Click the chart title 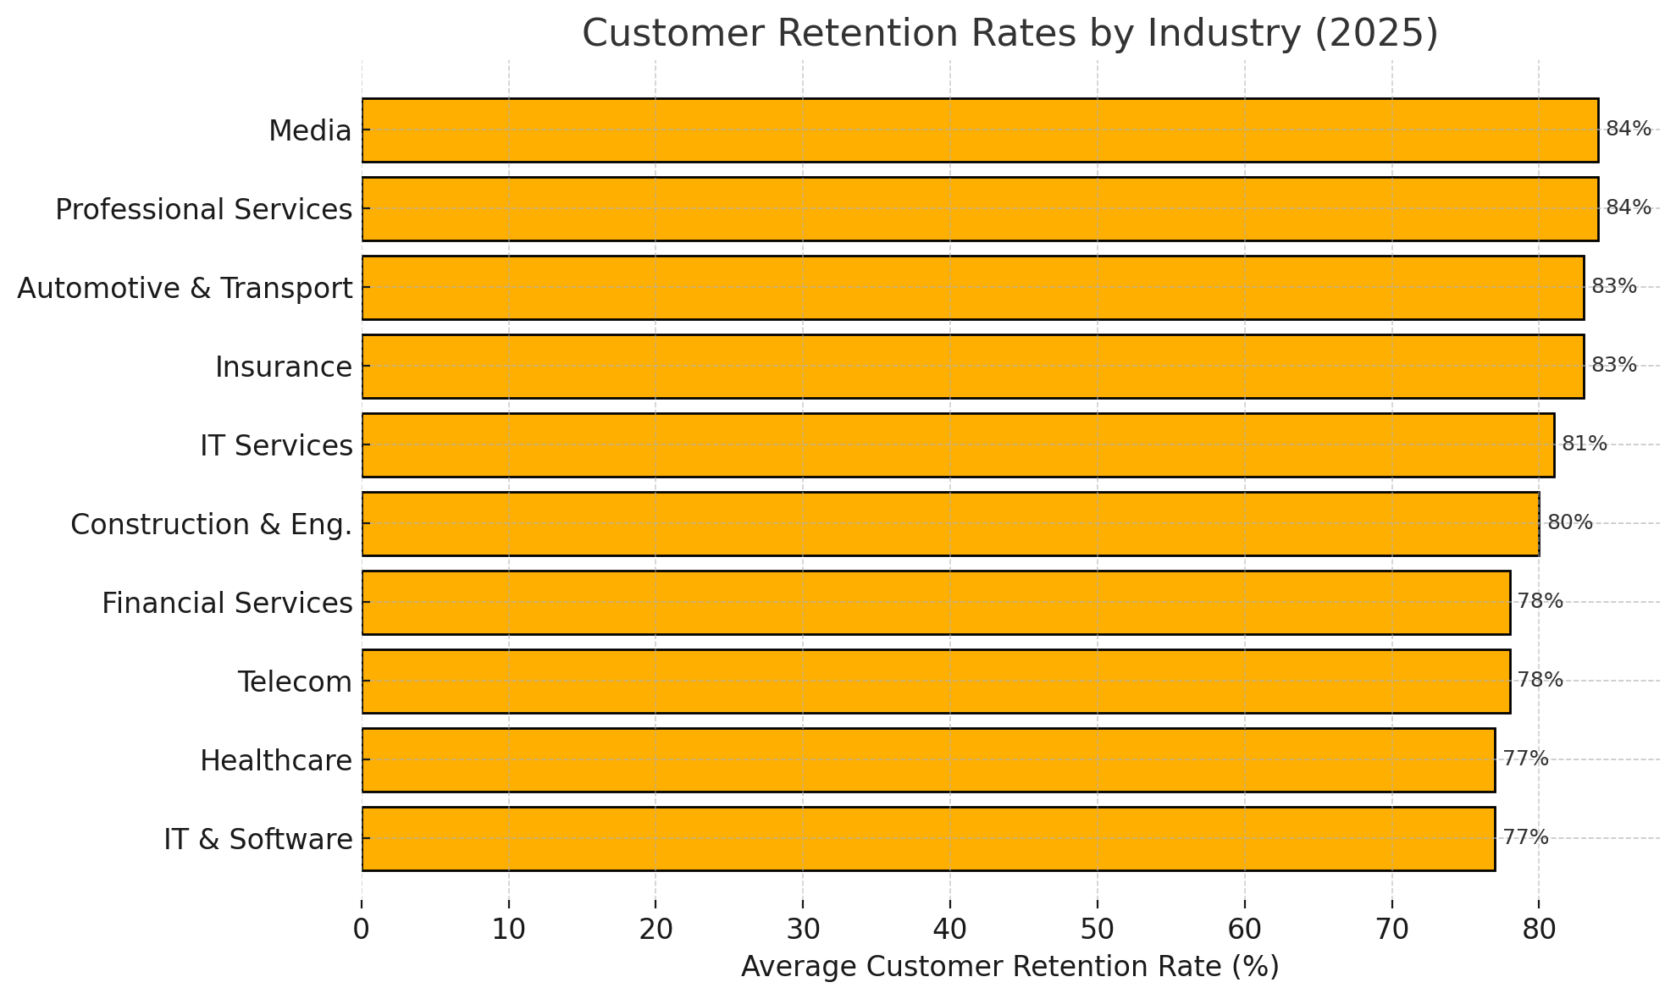pyautogui.click(x=1009, y=35)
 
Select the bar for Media pyautogui.click(x=980, y=130)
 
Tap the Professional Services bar pyautogui.click(x=980, y=209)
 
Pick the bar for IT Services pyautogui.click(x=958, y=445)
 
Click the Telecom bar pyautogui.click(x=936, y=682)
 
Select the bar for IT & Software pyautogui.click(x=928, y=839)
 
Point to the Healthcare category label pyautogui.click(x=276, y=761)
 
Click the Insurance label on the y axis pyautogui.click(x=284, y=367)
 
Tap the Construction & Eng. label pyautogui.click(x=211, y=525)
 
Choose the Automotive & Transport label pyautogui.click(x=185, y=289)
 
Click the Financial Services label pyautogui.click(x=227, y=604)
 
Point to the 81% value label pyautogui.click(x=1584, y=444)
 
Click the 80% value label pyautogui.click(x=1569, y=522)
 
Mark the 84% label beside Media pyautogui.click(x=1629, y=129)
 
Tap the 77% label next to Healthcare pyautogui.click(x=1525, y=759)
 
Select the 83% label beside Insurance pyautogui.click(x=1613, y=365)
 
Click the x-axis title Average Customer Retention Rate pyautogui.click(x=1009, y=967)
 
